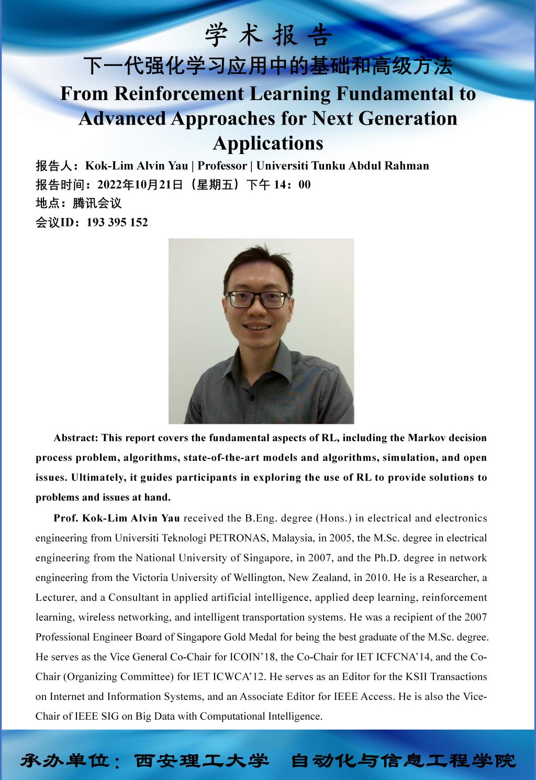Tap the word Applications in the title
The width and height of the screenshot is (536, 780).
click(268, 142)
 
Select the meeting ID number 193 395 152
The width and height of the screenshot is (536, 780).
click(117, 222)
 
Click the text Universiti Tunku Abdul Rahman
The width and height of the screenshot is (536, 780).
click(342, 166)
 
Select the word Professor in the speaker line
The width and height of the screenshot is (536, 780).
click(222, 166)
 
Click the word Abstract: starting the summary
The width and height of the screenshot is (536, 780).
click(76, 437)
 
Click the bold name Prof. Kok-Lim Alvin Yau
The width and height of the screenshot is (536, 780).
click(117, 518)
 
